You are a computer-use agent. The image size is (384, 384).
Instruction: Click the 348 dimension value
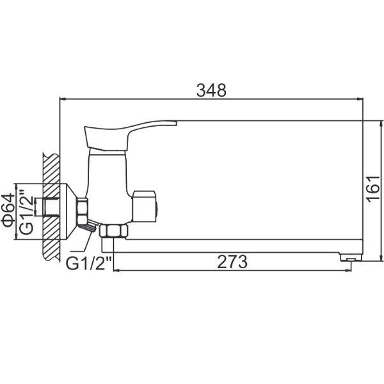tap(211, 90)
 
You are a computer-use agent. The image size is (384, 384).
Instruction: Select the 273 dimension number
tap(232, 262)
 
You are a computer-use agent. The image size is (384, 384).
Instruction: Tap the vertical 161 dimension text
tap(373, 189)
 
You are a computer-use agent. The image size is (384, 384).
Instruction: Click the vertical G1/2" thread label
tap(26, 212)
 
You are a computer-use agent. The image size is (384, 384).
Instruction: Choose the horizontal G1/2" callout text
tap(89, 264)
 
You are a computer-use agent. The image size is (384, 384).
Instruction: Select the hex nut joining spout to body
tap(113, 230)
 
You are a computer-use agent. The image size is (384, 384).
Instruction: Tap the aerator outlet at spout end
tap(351, 259)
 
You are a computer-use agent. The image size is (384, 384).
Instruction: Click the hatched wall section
tap(51, 206)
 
